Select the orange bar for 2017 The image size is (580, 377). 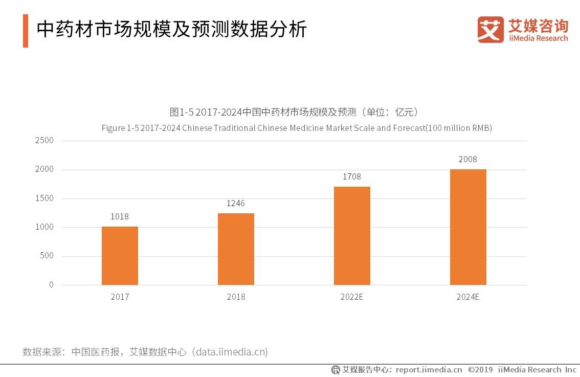(120, 255)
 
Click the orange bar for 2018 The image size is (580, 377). (236, 249)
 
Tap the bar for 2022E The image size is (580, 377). (352, 235)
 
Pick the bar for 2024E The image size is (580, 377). (468, 227)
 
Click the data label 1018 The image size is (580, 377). (120, 216)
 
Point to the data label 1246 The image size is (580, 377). (236, 204)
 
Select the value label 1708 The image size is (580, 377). (352, 176)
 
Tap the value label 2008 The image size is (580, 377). (468, 159)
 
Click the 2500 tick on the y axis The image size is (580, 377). (44, 141)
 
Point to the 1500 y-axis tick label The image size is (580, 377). (44, 198)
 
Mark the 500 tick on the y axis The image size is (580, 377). (47, 256)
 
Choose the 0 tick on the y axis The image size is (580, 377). (51, 285)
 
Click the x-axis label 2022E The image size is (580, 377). (352, 297)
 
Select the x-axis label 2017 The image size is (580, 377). (120, 297)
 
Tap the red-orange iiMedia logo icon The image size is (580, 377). (490, 29)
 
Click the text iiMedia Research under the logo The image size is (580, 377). (538, 38)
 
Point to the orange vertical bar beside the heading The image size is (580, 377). (26, 31)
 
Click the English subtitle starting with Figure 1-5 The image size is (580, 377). (297, 128)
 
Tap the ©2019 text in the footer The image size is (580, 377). (480, 369)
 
